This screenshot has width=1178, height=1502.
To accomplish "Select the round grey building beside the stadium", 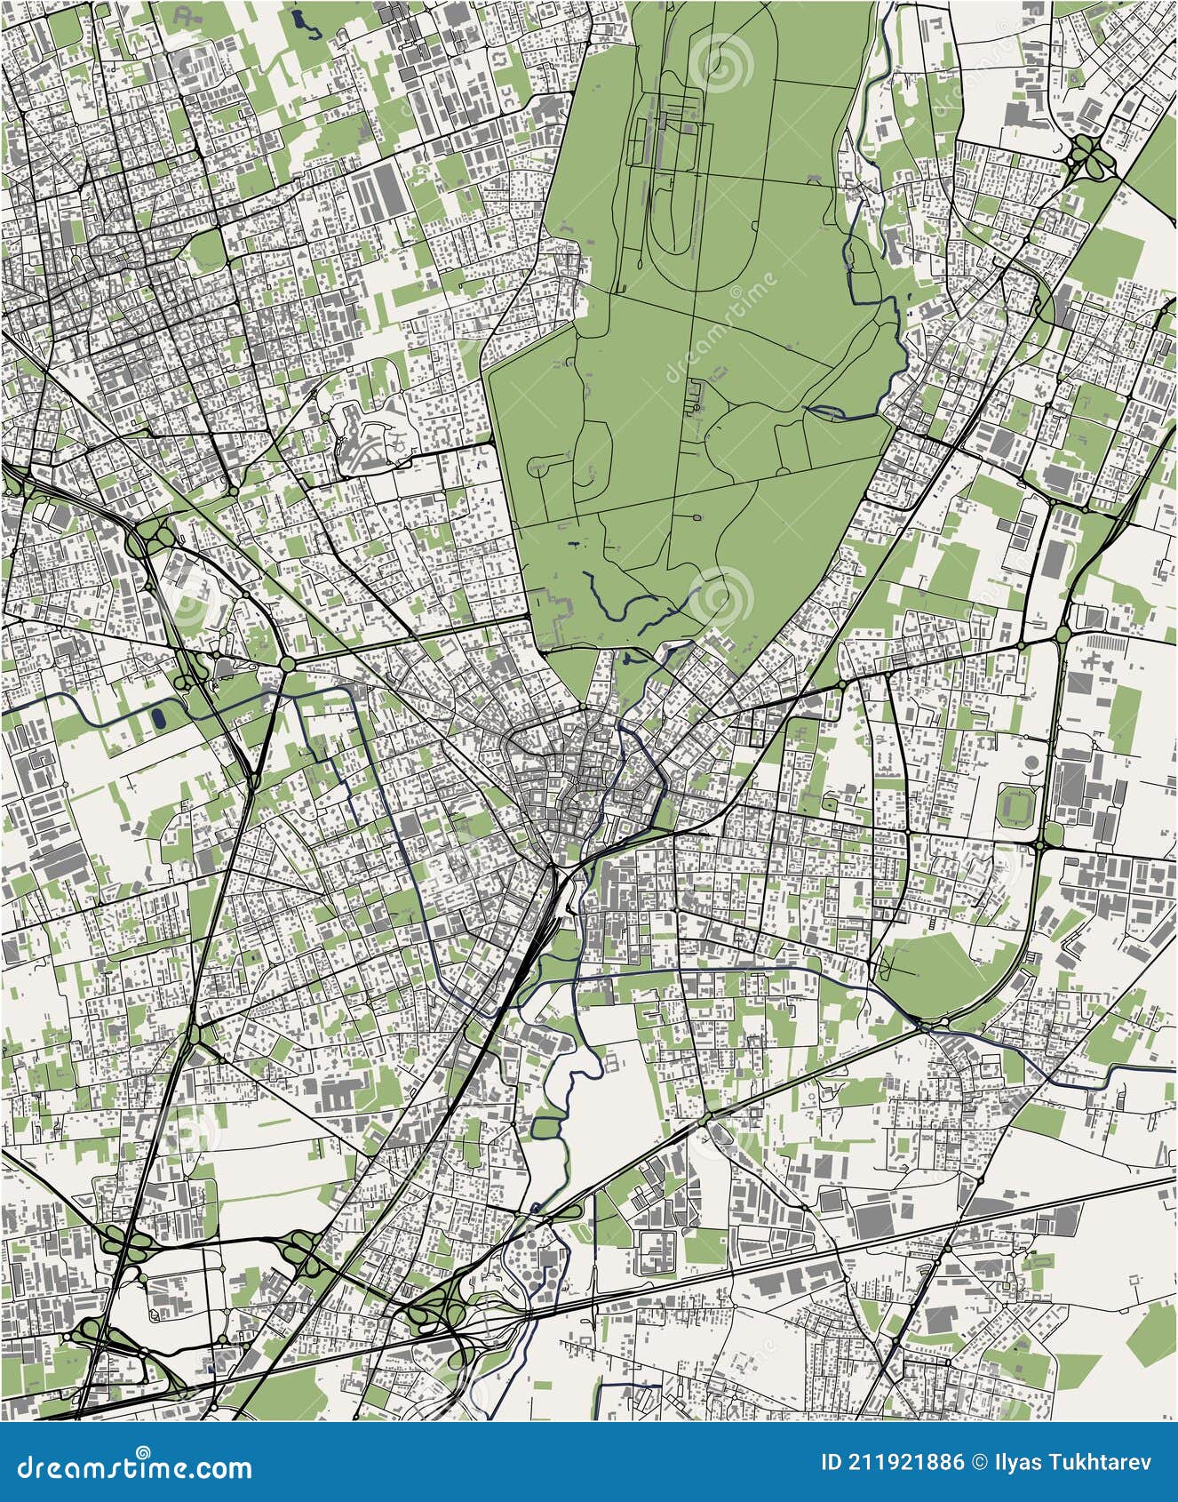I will click(1032, 763).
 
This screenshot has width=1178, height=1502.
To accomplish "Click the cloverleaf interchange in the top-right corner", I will click(1086, 157).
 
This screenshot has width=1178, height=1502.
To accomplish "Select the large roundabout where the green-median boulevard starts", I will click(287, 664).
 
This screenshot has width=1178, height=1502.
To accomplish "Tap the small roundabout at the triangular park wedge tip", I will click(927, 1026).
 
